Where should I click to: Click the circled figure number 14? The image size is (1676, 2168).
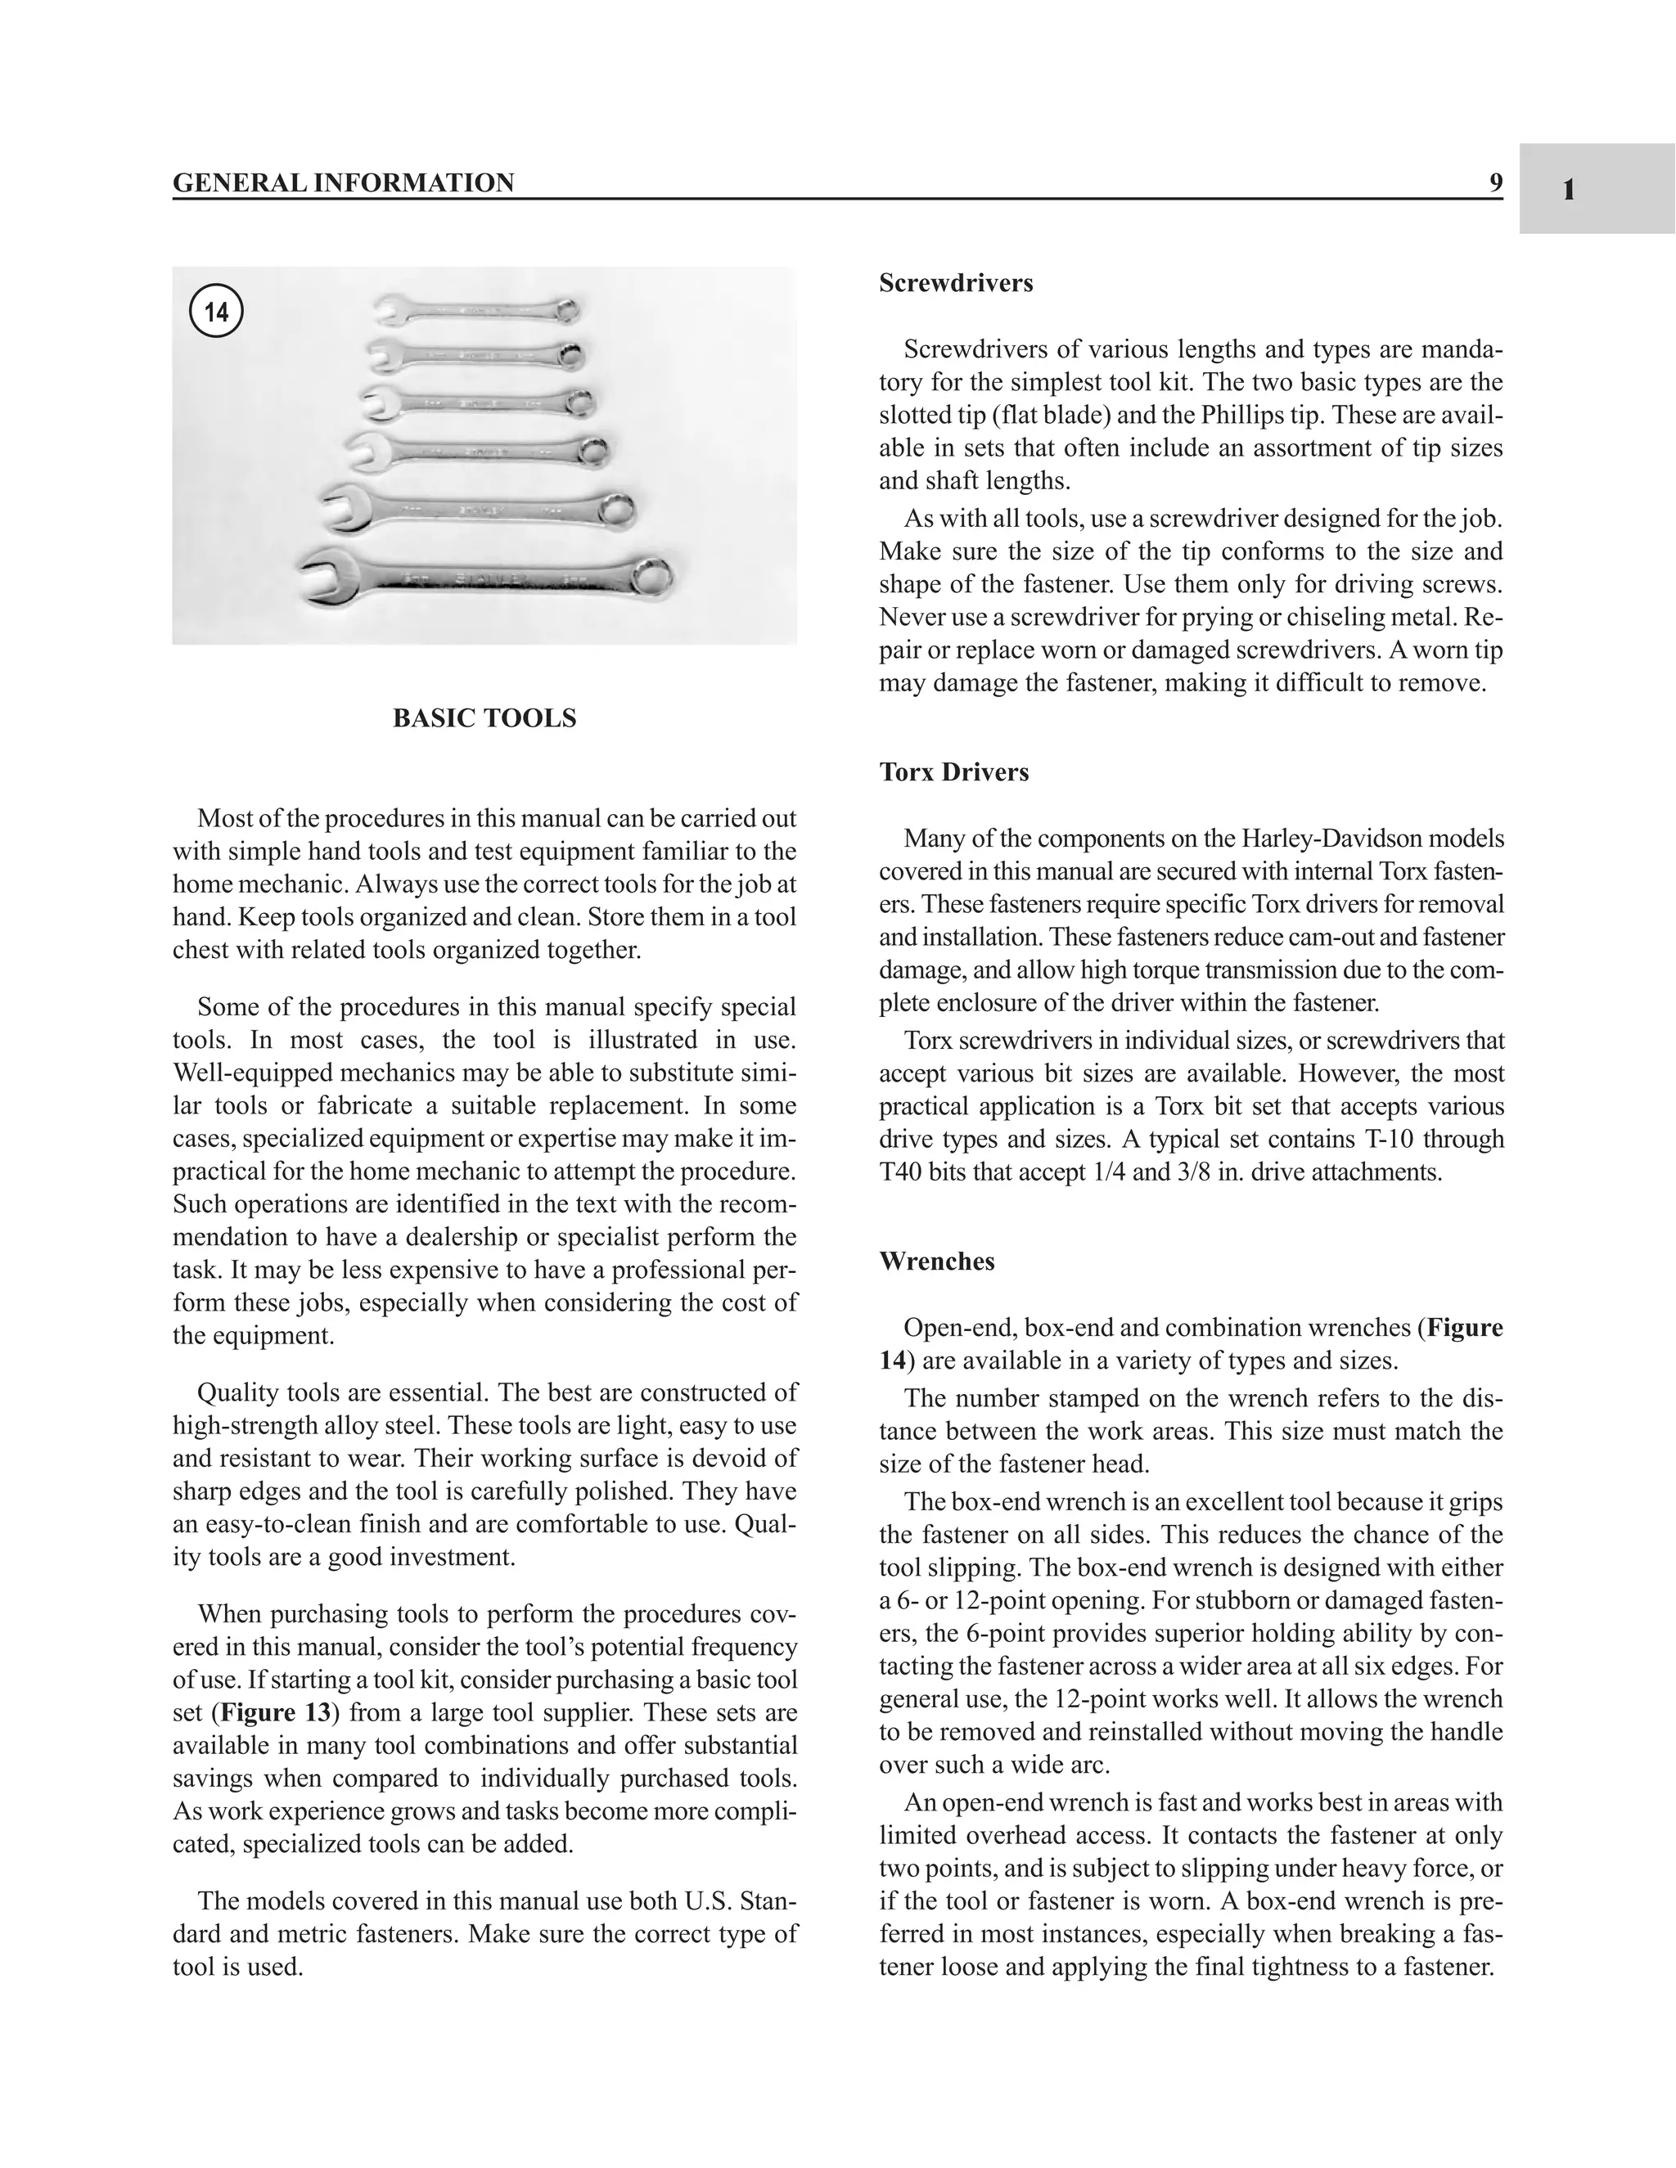pyautogui.click(x=215, y=312)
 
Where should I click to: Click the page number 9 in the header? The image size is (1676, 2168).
pyautogui.click(x=1495, y=182)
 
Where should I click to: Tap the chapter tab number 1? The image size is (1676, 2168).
pyautogui.click(x=1569, y=190)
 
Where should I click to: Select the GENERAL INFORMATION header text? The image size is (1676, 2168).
pyautogui.click(x=344, y=183)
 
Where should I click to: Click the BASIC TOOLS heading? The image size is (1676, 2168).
pyautogui.click(x=484, y=718)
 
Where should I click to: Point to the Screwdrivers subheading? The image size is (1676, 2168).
pyautogui.click(x=955, y=284)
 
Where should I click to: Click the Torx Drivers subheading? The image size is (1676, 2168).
pyautogui.click(x=953, y=772)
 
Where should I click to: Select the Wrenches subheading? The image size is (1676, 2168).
pyautogui.click(x=936, y=1262)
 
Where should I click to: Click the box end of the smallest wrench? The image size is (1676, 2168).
pyautogui.click(x=567, y=311)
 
